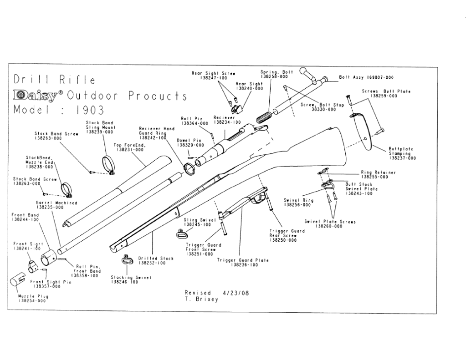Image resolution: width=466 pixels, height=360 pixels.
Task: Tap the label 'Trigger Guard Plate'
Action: click(x=243, y=260)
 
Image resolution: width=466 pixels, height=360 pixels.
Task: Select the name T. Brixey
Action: click(x=201, y=299)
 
